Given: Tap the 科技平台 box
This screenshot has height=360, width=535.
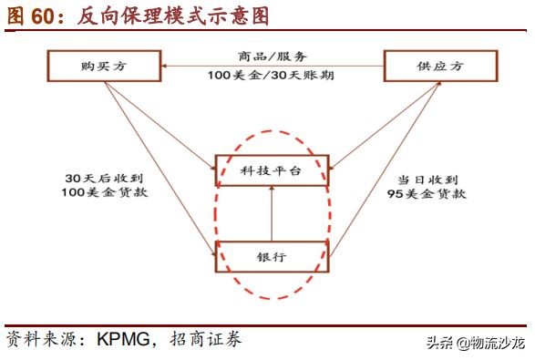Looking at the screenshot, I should coord(270,170).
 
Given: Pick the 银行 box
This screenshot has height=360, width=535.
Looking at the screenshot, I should coord(270,257).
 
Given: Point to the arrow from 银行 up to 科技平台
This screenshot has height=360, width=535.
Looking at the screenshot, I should coord(270,213).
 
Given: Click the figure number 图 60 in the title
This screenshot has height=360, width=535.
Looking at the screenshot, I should coord(28,15).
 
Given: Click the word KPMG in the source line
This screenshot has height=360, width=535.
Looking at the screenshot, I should coord(121,340).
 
